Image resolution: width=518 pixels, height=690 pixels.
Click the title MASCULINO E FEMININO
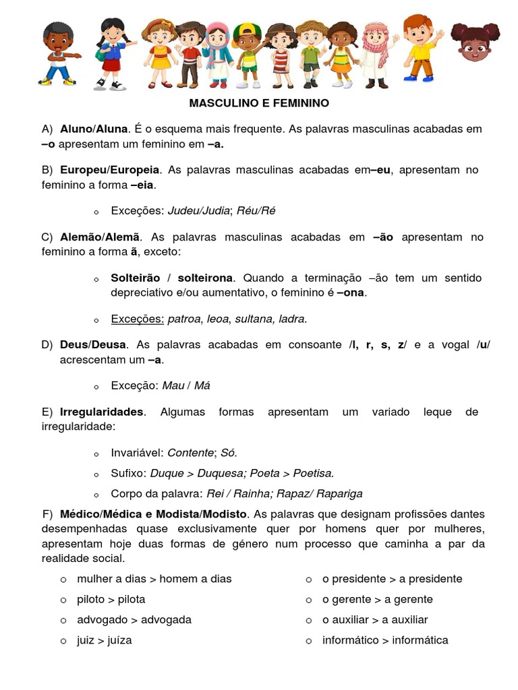259,103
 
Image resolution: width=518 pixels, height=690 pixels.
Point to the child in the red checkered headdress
376,55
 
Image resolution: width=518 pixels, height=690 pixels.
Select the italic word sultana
253,318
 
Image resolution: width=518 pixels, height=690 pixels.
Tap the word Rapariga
339,493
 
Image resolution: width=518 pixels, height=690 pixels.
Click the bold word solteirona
206,278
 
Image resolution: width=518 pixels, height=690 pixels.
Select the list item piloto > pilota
111,599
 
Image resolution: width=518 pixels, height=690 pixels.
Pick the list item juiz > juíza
105,640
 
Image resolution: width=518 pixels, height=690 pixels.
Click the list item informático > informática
385,640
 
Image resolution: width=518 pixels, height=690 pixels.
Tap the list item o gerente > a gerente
378,599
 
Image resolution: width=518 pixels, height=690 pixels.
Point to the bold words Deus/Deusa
93,344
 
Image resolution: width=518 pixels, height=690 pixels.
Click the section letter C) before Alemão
47,237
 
